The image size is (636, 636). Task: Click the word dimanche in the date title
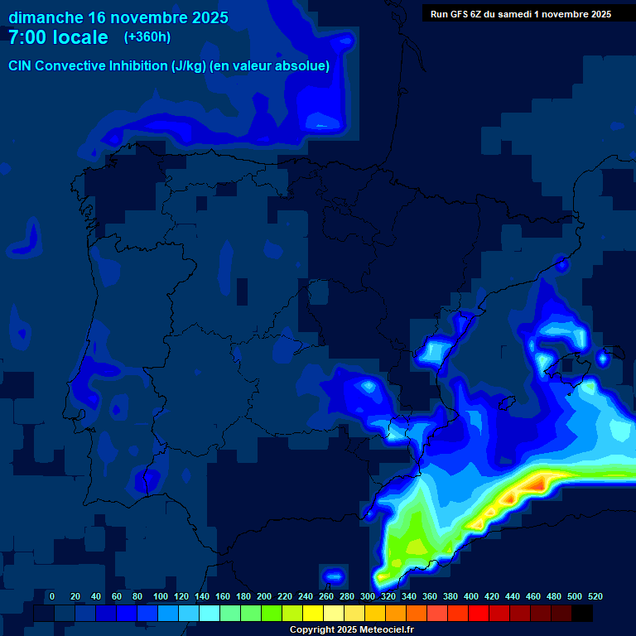point(46,17)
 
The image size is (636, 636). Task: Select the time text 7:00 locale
point(58,37)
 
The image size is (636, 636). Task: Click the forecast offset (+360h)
point(147,37)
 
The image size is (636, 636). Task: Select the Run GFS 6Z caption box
point(520,13)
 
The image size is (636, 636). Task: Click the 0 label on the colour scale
point(52,596)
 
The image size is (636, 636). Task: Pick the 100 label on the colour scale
point(161,596)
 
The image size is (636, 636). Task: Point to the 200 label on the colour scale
point(264,596)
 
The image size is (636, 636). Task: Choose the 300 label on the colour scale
point(368,596)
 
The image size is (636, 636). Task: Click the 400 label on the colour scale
point(471,596)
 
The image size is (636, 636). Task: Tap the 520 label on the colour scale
point(595,596)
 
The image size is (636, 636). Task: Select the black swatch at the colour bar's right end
point(582,614)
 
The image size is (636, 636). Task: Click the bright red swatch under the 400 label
point(479,614)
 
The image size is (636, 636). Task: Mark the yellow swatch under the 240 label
point(313,614)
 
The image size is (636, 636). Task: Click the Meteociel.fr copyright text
point(351,630)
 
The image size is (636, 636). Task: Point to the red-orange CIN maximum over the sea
point(542,479)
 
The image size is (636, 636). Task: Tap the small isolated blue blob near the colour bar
point(333,576)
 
